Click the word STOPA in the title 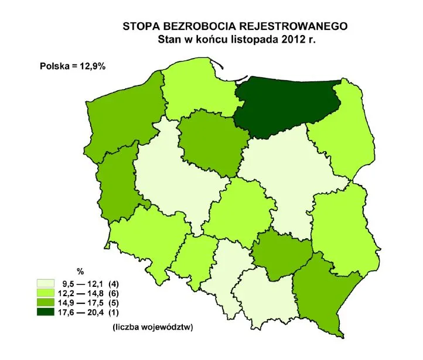coord(139,27)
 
